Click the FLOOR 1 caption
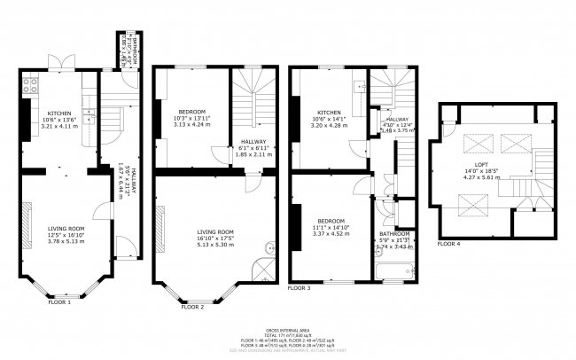pos(60,301)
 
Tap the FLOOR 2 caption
pos(192,307)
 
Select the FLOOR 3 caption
pos(299,289)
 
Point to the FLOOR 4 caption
pos(449,242)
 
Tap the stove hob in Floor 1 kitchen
pos(28,86)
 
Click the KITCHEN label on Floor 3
pos(330,113)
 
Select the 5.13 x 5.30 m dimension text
pos(215,244)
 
